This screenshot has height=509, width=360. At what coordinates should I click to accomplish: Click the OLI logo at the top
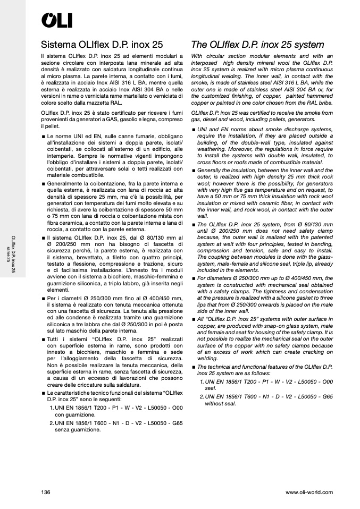(x=57, y=20)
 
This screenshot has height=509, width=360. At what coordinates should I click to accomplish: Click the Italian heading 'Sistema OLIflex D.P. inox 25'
(x=102, y=44)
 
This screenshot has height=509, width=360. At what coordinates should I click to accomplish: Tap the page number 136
(x=46, y=492)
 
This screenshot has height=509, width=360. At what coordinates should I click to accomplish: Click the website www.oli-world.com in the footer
(x=309, y=492)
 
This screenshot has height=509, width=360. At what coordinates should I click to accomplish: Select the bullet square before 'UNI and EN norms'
(x=193, y=129)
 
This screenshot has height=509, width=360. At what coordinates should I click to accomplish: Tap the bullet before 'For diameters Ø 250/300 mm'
(x=193, y=278)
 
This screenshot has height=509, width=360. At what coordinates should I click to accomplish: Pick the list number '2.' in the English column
(x=202, y=397)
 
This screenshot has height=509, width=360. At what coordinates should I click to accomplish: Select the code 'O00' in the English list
(x=327, y=382)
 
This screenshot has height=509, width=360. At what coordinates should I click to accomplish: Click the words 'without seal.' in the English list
(x=221, y=404)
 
